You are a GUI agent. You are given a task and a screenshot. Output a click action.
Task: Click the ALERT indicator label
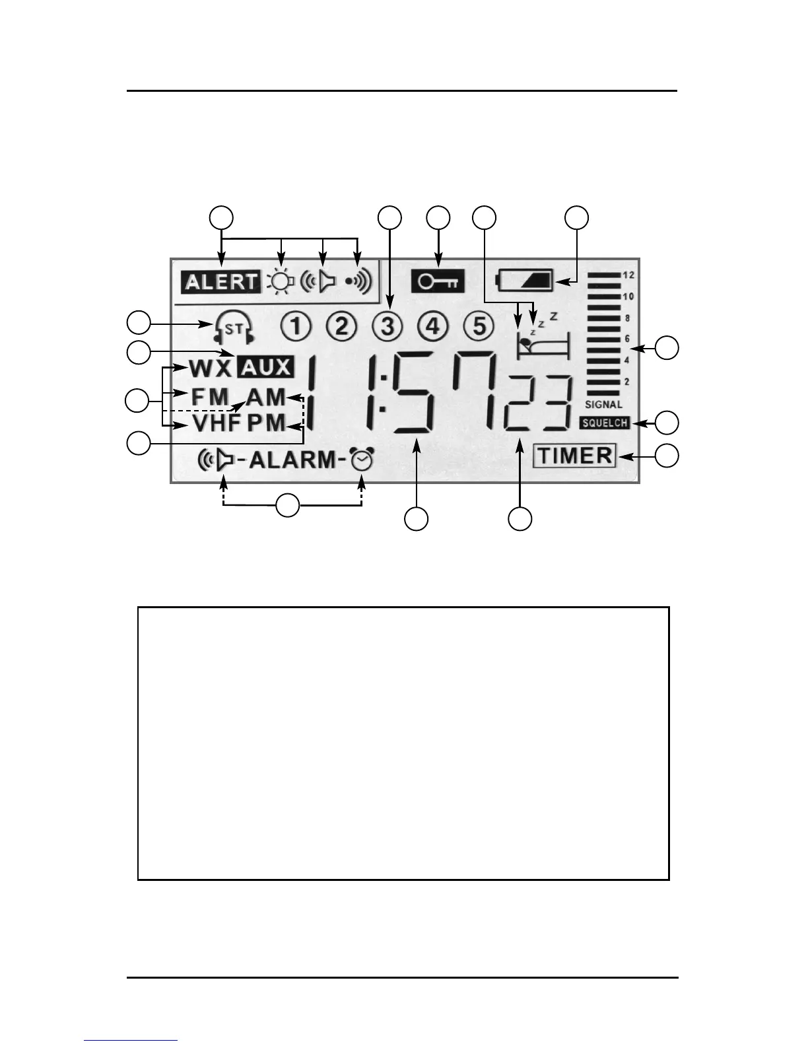tap(221, 282)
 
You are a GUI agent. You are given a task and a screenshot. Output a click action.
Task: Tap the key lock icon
tap(438, 282)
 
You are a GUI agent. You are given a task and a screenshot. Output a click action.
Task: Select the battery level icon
tap(525, 279)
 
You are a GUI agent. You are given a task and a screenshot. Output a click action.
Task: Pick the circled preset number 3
tap(387, 326)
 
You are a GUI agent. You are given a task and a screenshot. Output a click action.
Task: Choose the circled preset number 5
tap(479, 326)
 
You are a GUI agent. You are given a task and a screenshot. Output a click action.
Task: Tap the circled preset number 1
tap(296, 326)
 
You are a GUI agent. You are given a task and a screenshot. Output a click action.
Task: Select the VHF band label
tap(216, 423)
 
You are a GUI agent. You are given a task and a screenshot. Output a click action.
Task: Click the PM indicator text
tap(267, 423)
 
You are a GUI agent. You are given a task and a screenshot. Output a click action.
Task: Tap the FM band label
tap(210, 397)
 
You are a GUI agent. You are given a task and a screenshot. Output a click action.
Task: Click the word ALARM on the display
tap(292, 460)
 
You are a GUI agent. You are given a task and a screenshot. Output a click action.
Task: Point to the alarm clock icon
tap(362, 460)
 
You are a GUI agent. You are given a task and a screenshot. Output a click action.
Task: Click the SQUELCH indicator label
tap(605, 423)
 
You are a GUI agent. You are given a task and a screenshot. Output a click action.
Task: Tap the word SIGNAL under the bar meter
tap(603, 404)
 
